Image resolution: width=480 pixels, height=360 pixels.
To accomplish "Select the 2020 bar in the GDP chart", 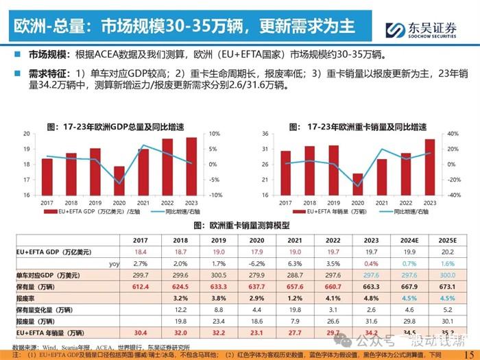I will point(119,180).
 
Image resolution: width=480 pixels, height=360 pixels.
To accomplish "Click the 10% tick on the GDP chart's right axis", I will point(213,134).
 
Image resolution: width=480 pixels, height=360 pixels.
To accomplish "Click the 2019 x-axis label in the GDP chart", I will point(95,202).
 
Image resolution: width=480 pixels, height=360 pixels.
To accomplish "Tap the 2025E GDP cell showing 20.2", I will point(446,252).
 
